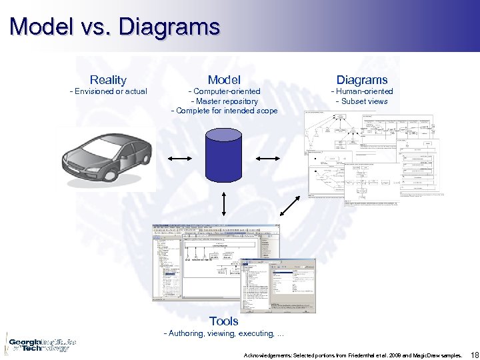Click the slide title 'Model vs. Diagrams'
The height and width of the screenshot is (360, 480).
point(115,27)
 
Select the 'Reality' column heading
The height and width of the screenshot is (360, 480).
point(108,80)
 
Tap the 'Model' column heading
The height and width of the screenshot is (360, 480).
point(224,80)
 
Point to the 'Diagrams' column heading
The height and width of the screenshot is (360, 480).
point(362,80)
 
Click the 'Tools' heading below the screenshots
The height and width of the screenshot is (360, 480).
point(223,321)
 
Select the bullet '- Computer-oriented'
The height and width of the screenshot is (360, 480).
point(224,91)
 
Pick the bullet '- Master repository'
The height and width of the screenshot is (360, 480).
point(224,101)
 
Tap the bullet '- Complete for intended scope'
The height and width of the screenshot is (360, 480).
point(224,111)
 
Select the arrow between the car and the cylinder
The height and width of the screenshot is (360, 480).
point(179,159)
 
